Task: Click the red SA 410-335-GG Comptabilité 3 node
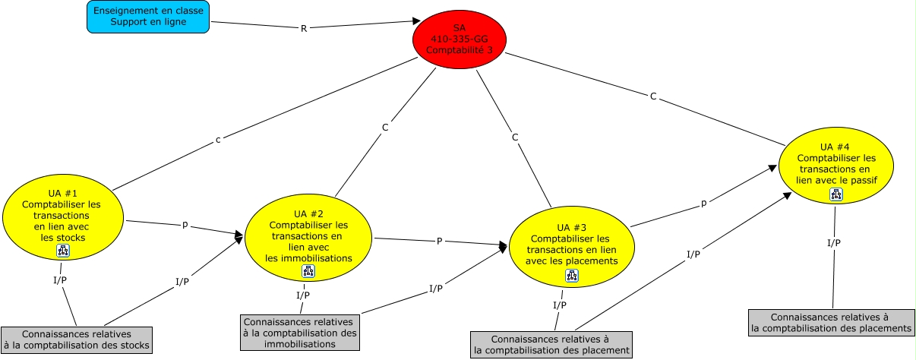point(459,38)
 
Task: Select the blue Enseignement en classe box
point(148,17)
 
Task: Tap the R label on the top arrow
point(305,28)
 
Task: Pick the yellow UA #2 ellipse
point(308,236)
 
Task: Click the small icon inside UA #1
point(62,251)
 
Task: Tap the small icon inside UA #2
point(308,271)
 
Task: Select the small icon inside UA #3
point(571,276)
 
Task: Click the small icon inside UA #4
point(835,195)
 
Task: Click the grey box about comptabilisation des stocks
point(76,339)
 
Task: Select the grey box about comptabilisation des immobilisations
point(300,333)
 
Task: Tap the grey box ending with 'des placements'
point(831,323)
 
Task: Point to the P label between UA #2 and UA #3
point(439,242)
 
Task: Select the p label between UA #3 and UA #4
point(703,204)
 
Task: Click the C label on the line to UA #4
point(653,96)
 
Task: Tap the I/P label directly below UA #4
point(833,243)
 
